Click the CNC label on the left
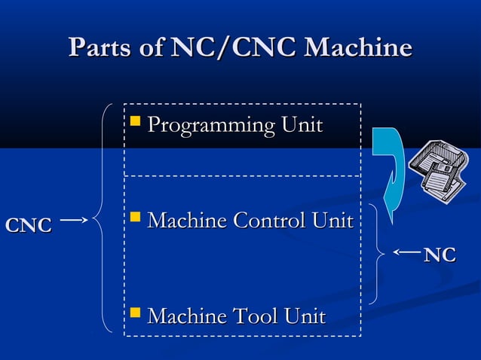point(29,225)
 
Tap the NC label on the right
point(440,255)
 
